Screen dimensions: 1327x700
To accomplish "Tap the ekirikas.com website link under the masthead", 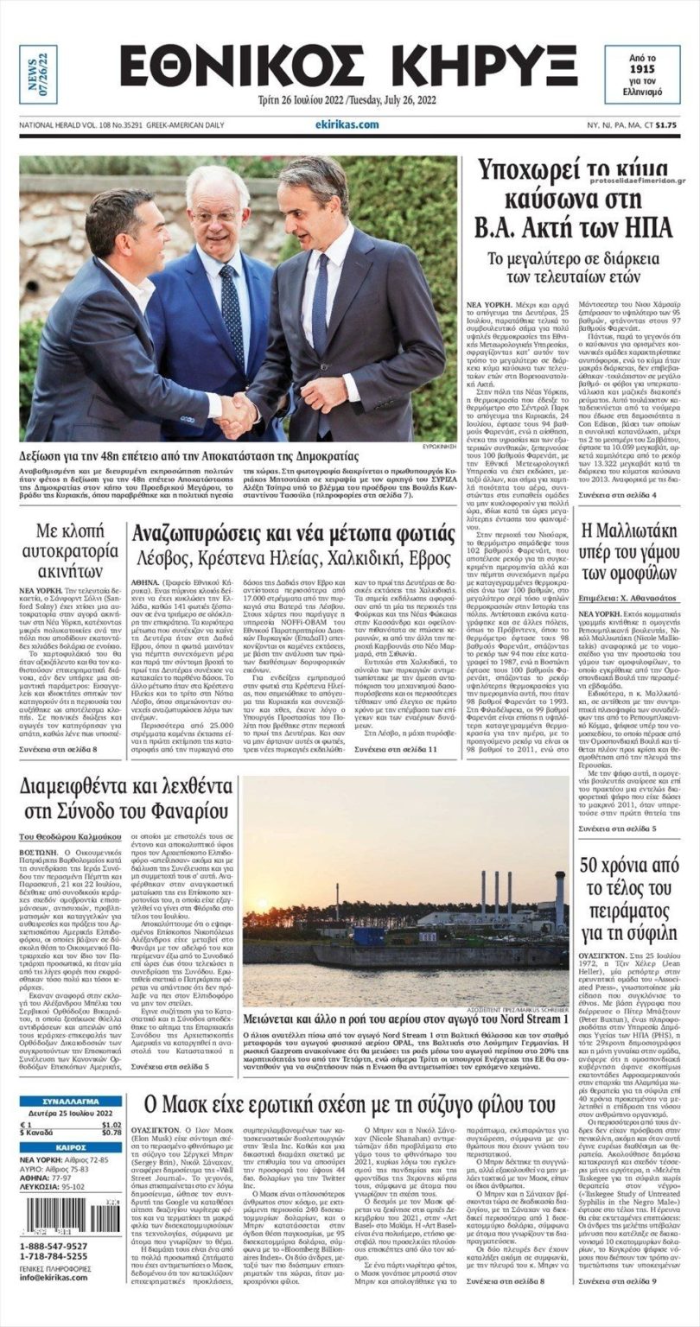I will [x=347, y=124].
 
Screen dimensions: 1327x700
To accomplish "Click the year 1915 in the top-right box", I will [x=641, y=67].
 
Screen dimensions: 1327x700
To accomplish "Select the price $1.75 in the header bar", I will [x=665, y=125].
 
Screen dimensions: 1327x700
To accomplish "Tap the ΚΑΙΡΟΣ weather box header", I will [x=71, y=1146].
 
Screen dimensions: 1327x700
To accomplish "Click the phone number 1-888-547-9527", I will [x=54, y=1246].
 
